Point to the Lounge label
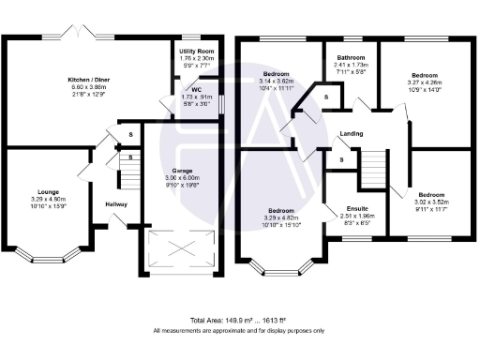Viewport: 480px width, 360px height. coord(48,192)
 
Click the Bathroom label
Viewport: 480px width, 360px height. coord(351,57)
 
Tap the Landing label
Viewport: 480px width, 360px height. coord(352,133)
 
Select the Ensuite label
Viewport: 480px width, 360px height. coord(357,207)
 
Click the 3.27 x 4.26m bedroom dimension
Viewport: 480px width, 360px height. coord(424,81)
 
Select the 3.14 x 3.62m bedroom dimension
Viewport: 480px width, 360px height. coord(277,81)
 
